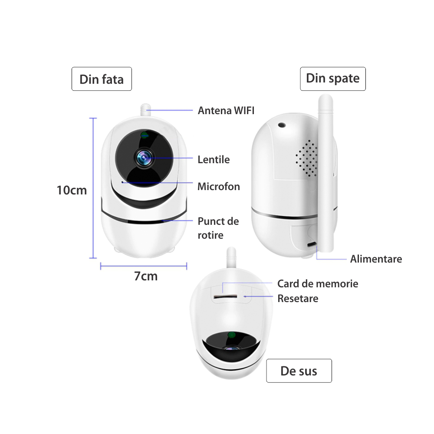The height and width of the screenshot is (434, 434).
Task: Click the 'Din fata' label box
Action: pos(102,79)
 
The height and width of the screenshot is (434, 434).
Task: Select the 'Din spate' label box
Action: pos(333,79)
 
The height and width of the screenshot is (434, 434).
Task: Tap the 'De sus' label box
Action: pos(299,371)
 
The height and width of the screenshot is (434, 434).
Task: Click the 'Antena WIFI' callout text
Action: pos(226,110)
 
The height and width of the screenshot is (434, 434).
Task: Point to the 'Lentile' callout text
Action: pos(214,159)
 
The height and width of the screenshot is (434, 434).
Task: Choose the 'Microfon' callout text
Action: pos(219,187)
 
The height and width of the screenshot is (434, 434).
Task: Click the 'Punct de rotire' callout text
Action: pos(218,228)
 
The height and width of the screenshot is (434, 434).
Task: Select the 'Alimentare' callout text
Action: pos(376,259)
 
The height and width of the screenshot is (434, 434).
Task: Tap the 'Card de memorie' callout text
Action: pos(318,284)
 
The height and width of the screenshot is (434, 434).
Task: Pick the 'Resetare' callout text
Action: pos(298,299)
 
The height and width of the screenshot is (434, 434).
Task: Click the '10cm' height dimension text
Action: pos(72,191)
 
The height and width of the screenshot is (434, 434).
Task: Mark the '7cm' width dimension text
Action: pos(146,276)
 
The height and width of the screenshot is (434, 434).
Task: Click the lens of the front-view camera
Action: pos(144,158)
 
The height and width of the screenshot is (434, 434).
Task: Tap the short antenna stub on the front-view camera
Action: pos(145,110)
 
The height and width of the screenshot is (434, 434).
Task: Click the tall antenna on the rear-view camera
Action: pos(325,173)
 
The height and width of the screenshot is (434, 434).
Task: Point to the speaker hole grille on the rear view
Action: pos(306,158)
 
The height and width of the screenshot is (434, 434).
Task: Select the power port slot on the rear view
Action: pos(312,244)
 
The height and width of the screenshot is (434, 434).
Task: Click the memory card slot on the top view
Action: pos(225,296)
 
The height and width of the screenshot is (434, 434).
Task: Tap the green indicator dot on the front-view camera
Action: pos(144,135)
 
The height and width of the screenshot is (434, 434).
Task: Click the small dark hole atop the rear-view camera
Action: pos(282,125)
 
